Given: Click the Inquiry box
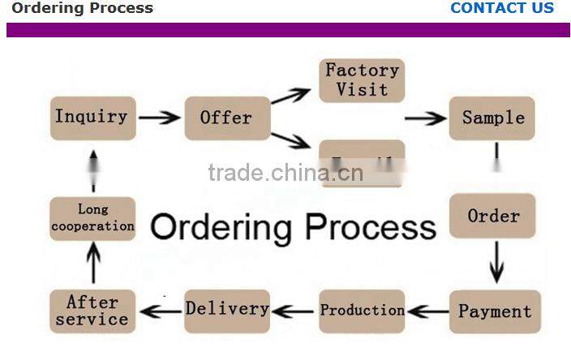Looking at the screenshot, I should pos(92,118).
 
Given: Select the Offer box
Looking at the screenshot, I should pos(226,118).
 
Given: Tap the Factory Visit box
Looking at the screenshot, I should pos(362,79).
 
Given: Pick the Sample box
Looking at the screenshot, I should pos(492,118).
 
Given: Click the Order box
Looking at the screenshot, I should pos(492,216).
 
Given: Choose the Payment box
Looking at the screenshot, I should pos(494,311).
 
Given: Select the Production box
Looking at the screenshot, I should pos(362,311).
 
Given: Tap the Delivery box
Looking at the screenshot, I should pos(226,310).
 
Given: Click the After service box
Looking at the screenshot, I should pos(92,311).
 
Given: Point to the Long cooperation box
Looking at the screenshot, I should pos(92,217).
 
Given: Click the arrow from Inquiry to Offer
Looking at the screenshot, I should pos(159,118).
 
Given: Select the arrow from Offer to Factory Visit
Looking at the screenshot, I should pos(290,96).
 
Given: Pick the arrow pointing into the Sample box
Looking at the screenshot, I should pos(425,118).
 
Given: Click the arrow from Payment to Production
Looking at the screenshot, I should pos(427,311).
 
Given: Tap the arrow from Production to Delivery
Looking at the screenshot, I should pos(293,311).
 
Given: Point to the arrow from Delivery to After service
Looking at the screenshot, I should pos(160,311).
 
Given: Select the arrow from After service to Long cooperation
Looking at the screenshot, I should pos(93,264).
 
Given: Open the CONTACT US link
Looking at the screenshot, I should pos(501,8).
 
